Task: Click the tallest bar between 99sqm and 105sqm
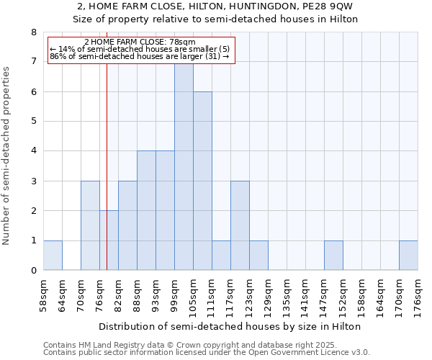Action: (x=184, y=167)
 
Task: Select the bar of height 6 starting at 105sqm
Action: (x=202, y=181)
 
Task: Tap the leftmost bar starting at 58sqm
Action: (x=53, y=256)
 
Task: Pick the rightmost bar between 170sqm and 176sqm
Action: (x=408, y=256)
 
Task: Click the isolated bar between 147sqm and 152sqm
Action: (x=333, y=256)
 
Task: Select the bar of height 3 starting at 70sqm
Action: (x=90, y=226)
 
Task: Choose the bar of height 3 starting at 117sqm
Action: (x=240, y=226)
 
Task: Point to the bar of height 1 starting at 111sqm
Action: (x=221, y=256)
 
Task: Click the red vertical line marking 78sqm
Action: (x=107, y=158)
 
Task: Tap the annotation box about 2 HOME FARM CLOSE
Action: (x=141, y=50)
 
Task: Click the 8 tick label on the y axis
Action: (x=33, y=32)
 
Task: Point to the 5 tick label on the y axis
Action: (x=33, y=122)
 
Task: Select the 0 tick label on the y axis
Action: (x=33, y=271)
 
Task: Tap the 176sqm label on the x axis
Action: (x=418, y=296)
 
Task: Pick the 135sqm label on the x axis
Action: (x=287, y=296)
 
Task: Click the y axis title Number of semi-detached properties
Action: (x=7, y=156)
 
